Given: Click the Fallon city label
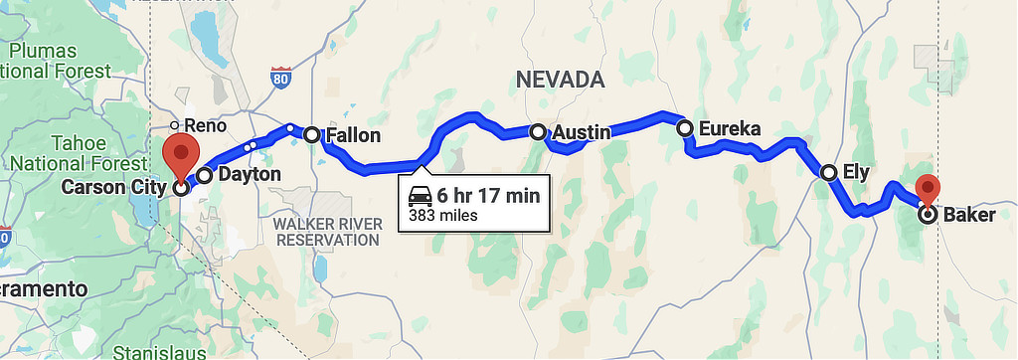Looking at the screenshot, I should [354, 135].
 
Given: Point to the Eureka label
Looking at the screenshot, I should [730, 128].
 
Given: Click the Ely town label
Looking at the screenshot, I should [856, 172].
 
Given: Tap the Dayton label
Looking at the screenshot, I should [249, 174].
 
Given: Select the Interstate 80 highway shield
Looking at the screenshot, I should [281, 78].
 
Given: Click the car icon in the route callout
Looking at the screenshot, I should [419, 195].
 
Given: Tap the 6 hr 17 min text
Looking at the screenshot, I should [488, 195].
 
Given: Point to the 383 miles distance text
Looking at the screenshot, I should [443, 215].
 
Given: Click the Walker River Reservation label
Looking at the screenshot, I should [327, 231].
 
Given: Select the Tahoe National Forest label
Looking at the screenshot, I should [65, 152].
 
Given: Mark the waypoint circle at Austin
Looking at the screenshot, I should [538, 131].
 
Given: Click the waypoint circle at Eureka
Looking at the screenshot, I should [684, 127].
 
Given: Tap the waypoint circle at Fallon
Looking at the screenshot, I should [311, 134].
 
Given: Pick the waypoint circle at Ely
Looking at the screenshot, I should [828, 173].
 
